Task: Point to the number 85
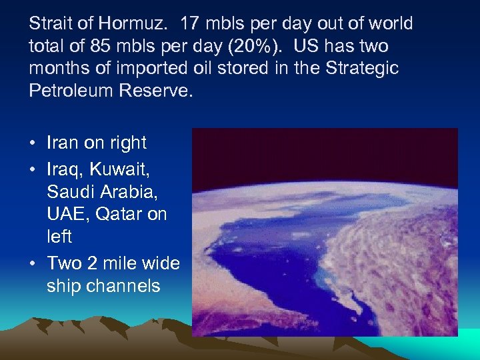coord(89,47)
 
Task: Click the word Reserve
coord(155,91)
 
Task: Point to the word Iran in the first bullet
coord(63,143)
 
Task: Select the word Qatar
coord(117,214)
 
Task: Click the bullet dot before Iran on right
coord(33,143)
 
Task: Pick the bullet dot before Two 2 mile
coord(33,263)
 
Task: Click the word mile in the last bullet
coord(117,263)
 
